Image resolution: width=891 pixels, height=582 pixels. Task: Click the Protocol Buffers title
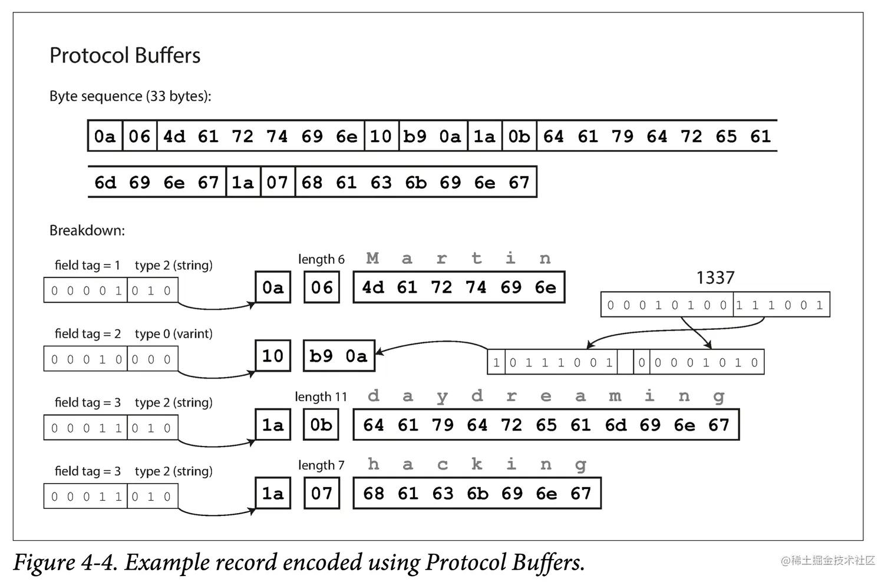click(x=125, y=55)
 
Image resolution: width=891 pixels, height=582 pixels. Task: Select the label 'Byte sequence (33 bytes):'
click(x=130, y=96)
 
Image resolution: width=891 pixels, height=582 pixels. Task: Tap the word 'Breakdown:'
click(x=87, y=230)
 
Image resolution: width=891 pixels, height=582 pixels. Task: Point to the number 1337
click(x=715, y=277)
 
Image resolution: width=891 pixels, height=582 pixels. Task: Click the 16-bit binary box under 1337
click(x=715, y=305)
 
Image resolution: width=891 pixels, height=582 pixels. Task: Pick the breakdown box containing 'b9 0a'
click(x=339, y=356)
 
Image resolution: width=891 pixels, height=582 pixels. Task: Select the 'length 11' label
click(x=321, y=397)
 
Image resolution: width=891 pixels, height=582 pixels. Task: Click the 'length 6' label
click(x=321, y=259)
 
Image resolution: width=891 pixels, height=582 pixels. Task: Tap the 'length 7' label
click(x=321, y=465)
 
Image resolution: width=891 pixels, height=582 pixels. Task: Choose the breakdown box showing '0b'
click(x=321, y=425)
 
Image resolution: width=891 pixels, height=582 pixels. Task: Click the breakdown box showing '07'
click(x=322, y=493)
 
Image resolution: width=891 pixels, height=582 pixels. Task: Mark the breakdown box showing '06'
click(x=322, y=287)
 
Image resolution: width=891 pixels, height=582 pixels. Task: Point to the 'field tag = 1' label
click(x=87, y=265)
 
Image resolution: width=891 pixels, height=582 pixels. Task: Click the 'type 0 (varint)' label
click(x=173, y=334)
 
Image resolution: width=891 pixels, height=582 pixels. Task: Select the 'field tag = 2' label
click(x=87, y=334)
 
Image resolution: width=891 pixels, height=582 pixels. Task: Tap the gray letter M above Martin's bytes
click(x=372, y=258)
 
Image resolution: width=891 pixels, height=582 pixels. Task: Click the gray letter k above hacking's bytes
click(x=477, y=464)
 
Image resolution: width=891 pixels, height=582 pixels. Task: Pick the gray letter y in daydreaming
click(x=442, y=396)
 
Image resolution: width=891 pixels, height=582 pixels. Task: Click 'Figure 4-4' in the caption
click(x=65, y=563)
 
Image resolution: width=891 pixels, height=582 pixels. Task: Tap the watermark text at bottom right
click(x=828, y=561)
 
